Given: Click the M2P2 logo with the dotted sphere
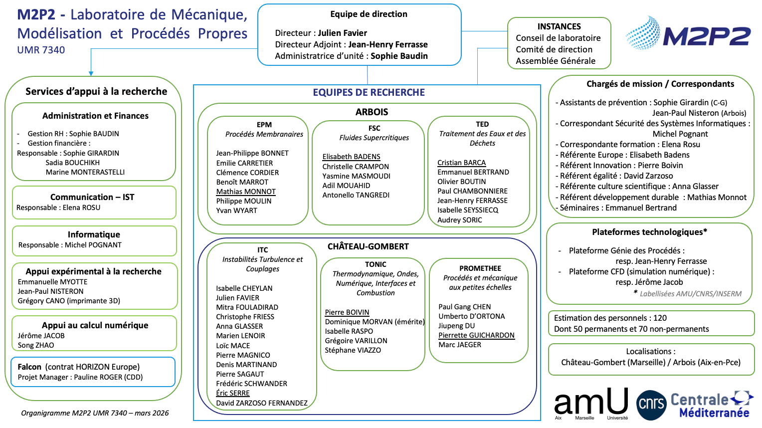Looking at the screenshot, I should [688, 33].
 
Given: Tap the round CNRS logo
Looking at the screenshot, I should [651, 404].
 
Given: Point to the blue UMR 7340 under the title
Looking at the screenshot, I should [41, 50].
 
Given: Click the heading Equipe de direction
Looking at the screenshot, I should [369, 14].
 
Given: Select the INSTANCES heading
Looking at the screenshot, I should [559, 26].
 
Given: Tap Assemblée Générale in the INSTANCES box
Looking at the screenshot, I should [556, 61].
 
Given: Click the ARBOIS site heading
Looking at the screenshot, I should [372, 112].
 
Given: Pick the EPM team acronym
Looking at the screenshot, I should [264, 125].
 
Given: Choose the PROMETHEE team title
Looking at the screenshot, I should [480, 268].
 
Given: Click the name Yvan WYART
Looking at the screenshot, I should [237, 211].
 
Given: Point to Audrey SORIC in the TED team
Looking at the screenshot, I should [460, 220].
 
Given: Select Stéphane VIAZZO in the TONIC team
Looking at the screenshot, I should [353, 350].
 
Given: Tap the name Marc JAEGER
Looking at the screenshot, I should [460, 345].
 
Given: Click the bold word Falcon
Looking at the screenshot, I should [29, 367].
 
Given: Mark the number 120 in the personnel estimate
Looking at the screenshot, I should [660, 318].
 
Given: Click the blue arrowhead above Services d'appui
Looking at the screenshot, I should [91, 73].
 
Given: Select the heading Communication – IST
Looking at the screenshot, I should [92, 197].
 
